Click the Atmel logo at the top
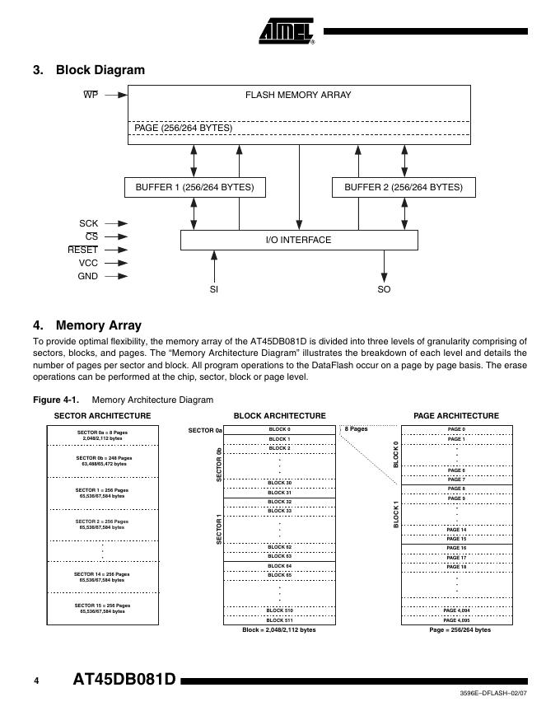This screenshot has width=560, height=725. (x=287, y=32)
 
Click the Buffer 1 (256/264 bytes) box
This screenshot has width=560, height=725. (x=195, y=188)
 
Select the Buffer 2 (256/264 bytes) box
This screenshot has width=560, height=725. (x=403, y=188)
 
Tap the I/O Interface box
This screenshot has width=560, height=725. (x=298, y=240)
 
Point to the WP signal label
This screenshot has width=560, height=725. (x=91, y=95)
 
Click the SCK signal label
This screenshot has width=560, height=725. (x=88, y=222)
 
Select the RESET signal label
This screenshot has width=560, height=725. (x=83, y=250)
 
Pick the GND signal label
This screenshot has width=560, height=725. (x=87, y=276)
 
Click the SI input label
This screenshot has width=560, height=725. (x=214, y=289)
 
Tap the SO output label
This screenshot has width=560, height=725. (x=384, y=289)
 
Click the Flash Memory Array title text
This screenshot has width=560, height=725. (x=298, y=95)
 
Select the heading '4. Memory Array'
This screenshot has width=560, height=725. (x=87, y=325)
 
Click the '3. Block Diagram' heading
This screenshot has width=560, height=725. (x=89, y=70)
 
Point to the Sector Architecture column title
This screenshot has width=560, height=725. (x=102, y=416)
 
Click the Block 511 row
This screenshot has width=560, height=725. (x=279, y=620)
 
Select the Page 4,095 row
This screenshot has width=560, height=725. (x=456, y=620)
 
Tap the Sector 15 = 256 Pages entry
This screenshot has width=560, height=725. (x=102, y=608)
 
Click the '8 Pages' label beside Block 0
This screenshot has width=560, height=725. (x=356, y=429)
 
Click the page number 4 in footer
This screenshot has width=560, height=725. (x=36, y=681)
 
